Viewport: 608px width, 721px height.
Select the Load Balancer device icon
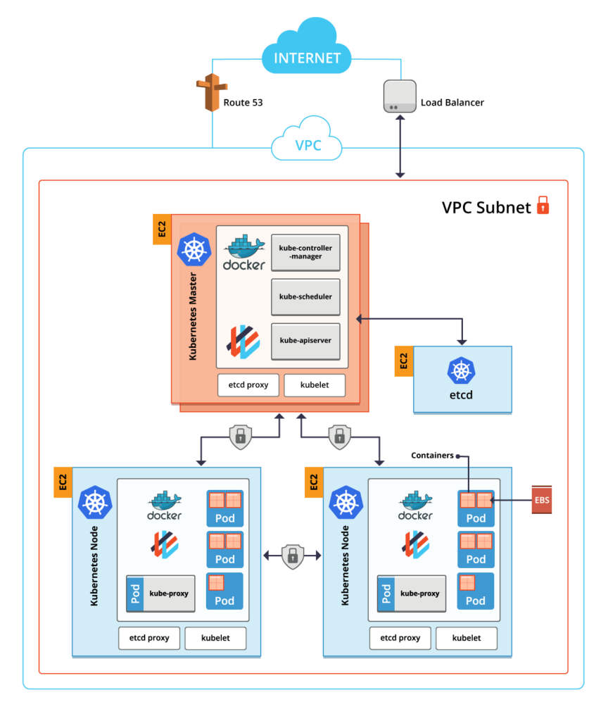[x=396, y=96]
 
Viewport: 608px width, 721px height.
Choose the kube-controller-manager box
[x=305, y=252]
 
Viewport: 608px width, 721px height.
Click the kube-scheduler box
[x=305, y=296]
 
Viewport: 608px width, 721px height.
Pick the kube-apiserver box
[x=305, y=341]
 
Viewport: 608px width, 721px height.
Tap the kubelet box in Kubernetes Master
[x=315, y=384]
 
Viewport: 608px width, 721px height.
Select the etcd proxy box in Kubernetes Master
[x=248, y=384]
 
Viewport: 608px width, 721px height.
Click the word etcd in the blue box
[x=461, y=394]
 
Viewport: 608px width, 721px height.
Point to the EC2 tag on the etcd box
[x=403, y=361]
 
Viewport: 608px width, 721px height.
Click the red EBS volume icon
[x=541, y=500]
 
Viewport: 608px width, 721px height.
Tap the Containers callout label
[x=433, y=456]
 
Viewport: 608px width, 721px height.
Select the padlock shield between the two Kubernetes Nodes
[x=291, y=556]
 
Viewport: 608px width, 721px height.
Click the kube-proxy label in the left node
[x=170, y=593]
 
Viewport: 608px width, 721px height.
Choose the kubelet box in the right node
[x=467, y=638]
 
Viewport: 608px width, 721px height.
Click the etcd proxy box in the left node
[x=148, y=638]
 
